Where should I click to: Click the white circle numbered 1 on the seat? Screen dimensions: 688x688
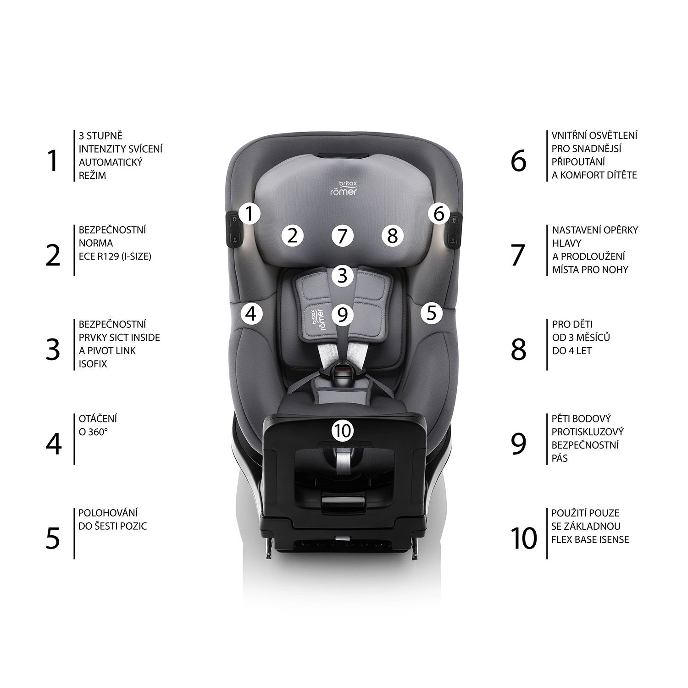[x=249, y=214]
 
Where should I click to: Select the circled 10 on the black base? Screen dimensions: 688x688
[x=343, y=430]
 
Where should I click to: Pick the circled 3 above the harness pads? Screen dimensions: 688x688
[x=343, y=275]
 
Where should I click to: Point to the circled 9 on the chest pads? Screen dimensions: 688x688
[x=343, y=314]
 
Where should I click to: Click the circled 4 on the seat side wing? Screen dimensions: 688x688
[x=251, y=314]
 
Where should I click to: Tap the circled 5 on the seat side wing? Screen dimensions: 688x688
[x=432, y=313]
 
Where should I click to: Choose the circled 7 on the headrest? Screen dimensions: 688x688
[x=343, y=236]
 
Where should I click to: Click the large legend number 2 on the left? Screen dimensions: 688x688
[x=53, y=255]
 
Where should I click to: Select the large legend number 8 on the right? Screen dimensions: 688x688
[x=519, y=350]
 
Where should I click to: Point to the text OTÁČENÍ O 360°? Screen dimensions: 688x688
[x=98, y=425]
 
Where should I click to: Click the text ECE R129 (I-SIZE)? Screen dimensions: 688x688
[x=115, y=256]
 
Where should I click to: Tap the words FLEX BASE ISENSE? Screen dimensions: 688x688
[x=590, y=539]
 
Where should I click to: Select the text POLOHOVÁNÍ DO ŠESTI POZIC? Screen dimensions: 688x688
[x=113, y=519]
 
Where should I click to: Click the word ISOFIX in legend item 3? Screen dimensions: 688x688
[x=93, y=364]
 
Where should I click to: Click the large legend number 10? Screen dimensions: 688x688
[x=523, y=538]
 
